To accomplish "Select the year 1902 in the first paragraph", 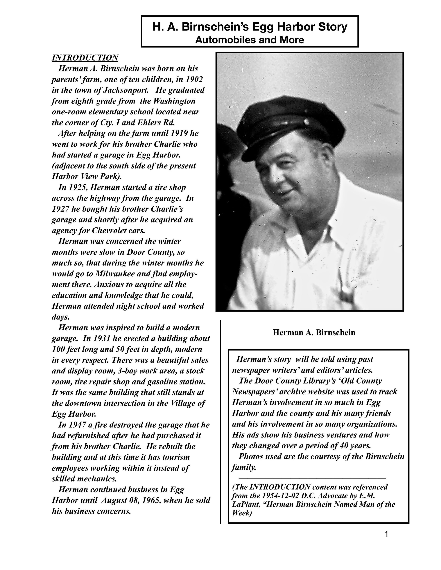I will pyautogui.click(x=194, y=79).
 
